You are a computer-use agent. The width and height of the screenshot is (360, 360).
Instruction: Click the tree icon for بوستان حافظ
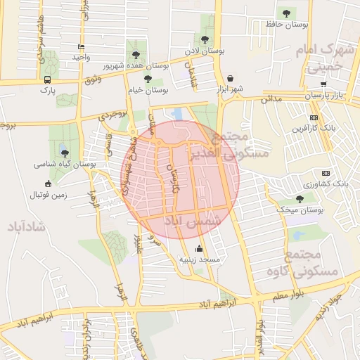(x=285, y=13)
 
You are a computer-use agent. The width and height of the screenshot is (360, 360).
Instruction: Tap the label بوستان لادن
(x=205, y=51)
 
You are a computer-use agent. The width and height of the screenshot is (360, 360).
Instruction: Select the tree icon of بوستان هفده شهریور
(x=136, y=54)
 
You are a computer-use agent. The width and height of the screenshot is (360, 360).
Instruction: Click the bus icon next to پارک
(x=47, y=79)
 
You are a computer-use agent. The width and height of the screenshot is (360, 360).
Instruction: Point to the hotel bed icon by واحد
(x=82, y=46)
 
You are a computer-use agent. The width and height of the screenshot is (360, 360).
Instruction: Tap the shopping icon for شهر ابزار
(x=231, y=78)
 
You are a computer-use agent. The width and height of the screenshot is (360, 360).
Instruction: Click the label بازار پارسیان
(x=327, y=94)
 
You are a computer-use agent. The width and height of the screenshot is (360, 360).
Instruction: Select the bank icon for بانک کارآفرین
(x=314, y=117)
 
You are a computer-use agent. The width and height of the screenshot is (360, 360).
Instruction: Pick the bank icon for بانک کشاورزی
(x=325, y=173)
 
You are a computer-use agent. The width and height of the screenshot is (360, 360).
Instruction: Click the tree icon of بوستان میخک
(x=300, y=199)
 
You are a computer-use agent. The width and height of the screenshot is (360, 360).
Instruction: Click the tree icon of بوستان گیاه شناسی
(x=65, y=153)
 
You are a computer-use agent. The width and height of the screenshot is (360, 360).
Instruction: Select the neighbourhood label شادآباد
(x=27, y=227)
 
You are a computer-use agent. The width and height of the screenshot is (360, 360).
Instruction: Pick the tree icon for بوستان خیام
(x=148, y=79)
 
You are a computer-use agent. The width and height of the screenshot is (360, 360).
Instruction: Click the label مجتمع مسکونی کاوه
(x=303, y=262)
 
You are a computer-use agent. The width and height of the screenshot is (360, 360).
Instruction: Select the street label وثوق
(x=91, y=82)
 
